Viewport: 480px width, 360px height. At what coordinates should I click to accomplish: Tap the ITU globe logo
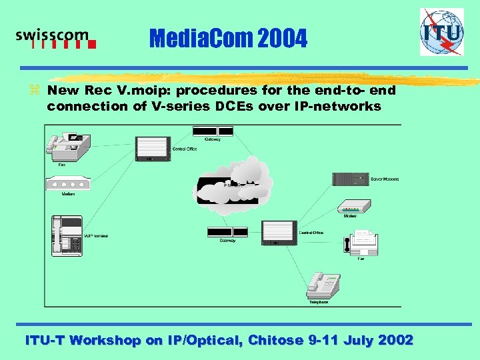[x=441, y=31]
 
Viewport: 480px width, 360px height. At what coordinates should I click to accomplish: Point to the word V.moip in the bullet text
[x=143, y=90]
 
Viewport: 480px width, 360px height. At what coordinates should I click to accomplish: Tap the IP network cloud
[x=233, y=181]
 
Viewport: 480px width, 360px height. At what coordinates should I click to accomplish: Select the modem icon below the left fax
[x=67, y=183]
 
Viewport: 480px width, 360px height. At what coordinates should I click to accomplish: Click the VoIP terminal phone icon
[x=67, y=235]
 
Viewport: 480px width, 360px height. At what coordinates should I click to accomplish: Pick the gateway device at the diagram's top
[x=213, y=130]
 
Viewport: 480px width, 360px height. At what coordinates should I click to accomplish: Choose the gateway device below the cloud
[x=227, y=231]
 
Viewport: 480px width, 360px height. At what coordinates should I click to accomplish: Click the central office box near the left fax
[x=153, y=147]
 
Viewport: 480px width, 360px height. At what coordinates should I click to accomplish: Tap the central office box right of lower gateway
[x=279, y=231]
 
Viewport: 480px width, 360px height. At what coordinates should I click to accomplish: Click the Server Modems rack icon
[x=350, y=179]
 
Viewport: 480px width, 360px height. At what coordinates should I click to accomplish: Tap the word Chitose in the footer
[x=275, y=340]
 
